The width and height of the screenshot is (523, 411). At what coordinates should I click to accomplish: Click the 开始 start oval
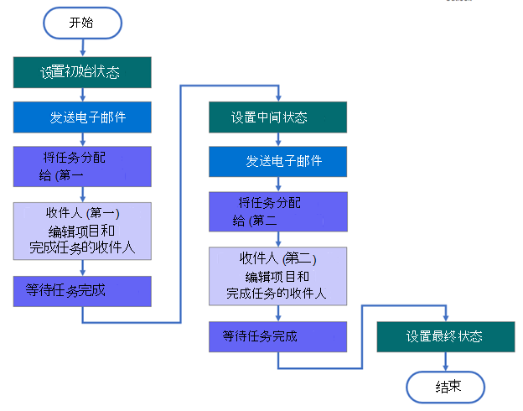click(x=81, y=23)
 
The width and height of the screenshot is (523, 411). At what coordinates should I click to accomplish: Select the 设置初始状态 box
click(x=82, y=72)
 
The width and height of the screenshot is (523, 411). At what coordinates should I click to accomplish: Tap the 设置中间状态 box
click(x=277, y=117)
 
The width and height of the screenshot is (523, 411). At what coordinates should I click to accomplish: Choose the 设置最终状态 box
click(x=445, y=336)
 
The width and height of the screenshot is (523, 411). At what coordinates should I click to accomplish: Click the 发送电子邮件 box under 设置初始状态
click(x=82, y=117)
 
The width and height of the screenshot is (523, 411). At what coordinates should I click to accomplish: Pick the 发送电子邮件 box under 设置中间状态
click(x=277, y=161)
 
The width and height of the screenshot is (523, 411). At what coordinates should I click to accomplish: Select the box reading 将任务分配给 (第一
click(x=82, y=166)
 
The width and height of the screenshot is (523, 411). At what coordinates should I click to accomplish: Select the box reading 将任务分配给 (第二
click(x=277, y=211)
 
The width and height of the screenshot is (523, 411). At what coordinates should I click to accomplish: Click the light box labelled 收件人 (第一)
click(x=82, y=230)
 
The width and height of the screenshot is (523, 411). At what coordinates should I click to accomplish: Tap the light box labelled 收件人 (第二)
click(x=277, y=275)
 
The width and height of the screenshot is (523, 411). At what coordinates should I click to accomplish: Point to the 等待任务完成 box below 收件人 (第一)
click(x=82, y=291)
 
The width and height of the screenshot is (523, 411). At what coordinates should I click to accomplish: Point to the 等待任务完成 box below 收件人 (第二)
click(x=277, y=336)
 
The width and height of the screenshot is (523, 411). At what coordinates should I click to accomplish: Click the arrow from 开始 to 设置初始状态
click(x=81, y=47)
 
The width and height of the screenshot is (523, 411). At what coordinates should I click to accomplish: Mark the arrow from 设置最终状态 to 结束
click(x=445, y=362)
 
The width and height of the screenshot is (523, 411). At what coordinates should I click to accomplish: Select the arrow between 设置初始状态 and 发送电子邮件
click(x=82, y=95)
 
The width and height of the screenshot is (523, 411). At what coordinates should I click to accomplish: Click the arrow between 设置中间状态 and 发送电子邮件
click(x=277, y=139)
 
